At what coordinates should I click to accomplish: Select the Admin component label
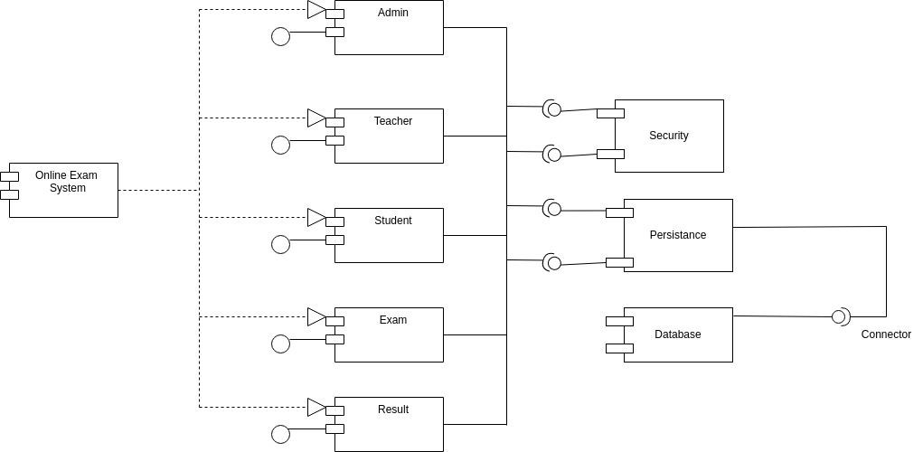tap(392, 13)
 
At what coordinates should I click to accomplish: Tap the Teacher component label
tap(392, 121)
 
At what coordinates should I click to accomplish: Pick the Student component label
tap(392, 221)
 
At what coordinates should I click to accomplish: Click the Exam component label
tap(392, 320)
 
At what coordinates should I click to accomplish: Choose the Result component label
tap(392, 410)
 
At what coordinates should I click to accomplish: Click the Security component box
tap(669, 136)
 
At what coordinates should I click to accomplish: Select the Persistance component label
tap(678, 235)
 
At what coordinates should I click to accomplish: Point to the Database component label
tap(678, 334)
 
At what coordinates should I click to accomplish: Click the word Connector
tap(886, 334)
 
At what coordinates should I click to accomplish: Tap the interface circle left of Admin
tap(281, 36)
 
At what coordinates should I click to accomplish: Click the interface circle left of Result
tap(281, 434)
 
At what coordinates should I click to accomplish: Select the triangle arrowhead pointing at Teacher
tap(316, 118)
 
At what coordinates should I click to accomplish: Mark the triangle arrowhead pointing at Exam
tap(316, 316)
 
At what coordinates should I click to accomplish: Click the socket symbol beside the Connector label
tap(841, 316)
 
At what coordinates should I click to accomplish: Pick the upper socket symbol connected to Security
tap(552, 109)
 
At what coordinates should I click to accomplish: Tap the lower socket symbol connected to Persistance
tap(552, 263)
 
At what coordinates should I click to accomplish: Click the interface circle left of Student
tap(281, 244)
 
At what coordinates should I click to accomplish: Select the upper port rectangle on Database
tap(619, 321)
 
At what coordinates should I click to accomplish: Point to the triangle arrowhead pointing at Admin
tap(316, 9)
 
